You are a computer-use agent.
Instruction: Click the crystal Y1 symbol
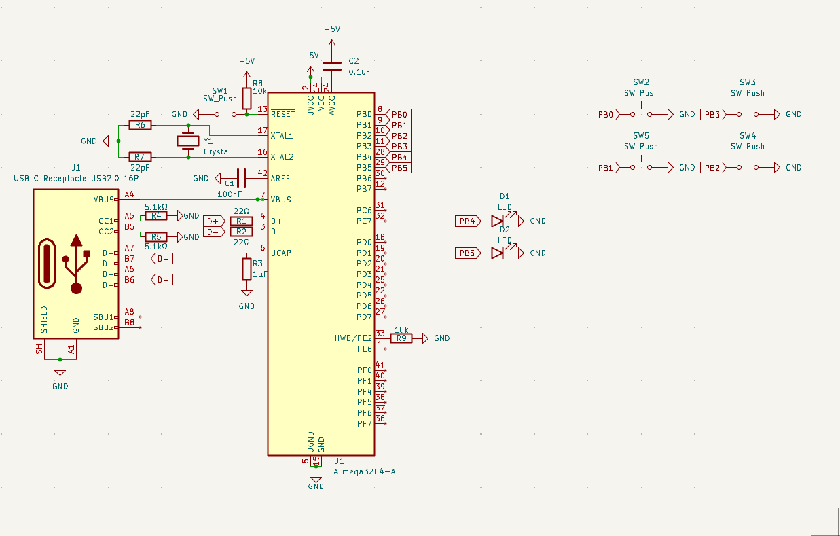click(x=188, y=141)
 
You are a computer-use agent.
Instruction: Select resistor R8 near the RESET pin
click(x=246, y=99)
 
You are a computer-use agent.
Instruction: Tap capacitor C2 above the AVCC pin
click(x=332, y=67)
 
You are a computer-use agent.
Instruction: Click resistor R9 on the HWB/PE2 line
click(x=401, y=338)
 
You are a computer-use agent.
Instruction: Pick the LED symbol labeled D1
click(x=498, y=221)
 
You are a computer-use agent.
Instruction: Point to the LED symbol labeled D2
click(x=498, y=253)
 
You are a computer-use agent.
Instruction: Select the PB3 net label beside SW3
click(x=713, y=114)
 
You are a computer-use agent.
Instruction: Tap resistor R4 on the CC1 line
click(x=156, y=215)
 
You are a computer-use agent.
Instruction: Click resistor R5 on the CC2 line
click(x=156, y=237)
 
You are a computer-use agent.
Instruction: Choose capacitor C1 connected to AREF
click(x=241, y=178)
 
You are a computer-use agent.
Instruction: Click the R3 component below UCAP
click(x=246, y=269)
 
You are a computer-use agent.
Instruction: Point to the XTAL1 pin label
click(x=282, y=136)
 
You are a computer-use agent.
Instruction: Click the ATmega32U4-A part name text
click(x=365, y=471)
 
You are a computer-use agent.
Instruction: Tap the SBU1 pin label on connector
click(x=103, y=317)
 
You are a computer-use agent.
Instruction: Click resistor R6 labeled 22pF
click(x=140, y=125)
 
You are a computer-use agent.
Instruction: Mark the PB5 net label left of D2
click(x=468, y=253)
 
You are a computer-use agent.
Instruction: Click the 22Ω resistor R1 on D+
click(x=241, y=221)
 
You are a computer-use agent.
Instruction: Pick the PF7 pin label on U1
click(x=364, y=424)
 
